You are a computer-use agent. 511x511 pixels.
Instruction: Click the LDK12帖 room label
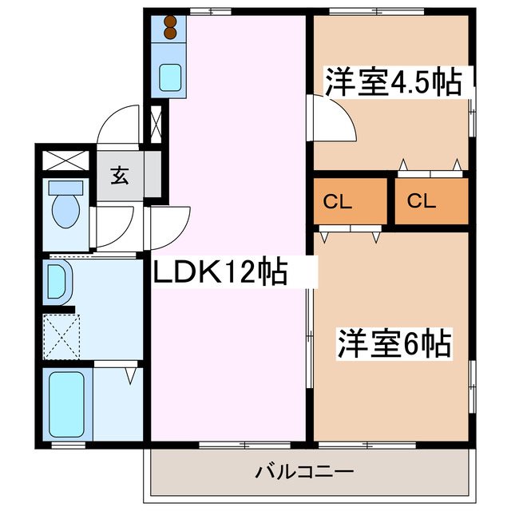(220, 274)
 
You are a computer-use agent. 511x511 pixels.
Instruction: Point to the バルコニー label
(305, 472)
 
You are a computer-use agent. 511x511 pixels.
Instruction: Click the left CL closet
(350, 201)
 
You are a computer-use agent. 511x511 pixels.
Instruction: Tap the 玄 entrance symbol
(119, 176)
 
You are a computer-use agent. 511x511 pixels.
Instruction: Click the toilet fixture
(64, 204)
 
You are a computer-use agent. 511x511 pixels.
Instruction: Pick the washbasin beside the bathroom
(58, 281)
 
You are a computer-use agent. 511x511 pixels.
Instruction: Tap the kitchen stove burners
(169, 28)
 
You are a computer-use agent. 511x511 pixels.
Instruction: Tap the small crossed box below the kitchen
(155, 124)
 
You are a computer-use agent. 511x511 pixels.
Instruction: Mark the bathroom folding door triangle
(130, 372)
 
